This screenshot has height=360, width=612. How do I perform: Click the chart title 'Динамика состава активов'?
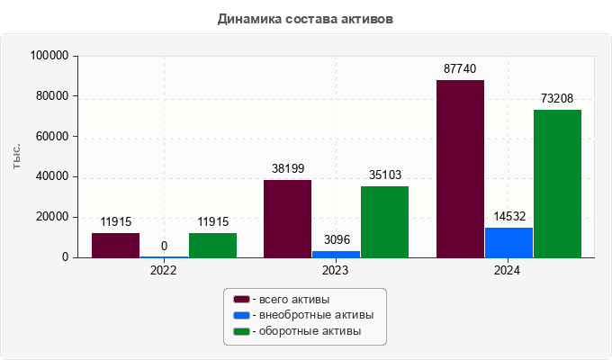(305, 19)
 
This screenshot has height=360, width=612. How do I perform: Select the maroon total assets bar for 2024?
(460, 168)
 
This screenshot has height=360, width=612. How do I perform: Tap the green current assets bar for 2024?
(557, 184)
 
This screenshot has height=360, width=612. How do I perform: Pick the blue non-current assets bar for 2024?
(508, 242)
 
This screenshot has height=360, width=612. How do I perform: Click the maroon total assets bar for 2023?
(287, 219)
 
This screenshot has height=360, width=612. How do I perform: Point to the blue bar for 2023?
(336, 254)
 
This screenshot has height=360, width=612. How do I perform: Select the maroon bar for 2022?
(115, 245)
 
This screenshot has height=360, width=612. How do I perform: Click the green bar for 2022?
(212, 245)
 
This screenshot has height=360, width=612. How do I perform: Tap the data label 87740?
(460, 68)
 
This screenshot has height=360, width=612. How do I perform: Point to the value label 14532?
(508, 216)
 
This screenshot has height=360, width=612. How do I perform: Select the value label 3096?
(336, 239)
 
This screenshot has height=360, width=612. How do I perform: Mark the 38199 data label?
(287, 168)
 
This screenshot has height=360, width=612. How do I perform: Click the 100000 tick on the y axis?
(50, 56)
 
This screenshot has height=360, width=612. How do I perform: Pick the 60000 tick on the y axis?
(53, 137)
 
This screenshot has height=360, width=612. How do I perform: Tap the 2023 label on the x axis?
(336, 269)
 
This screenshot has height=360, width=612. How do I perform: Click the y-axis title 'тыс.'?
(17, 157)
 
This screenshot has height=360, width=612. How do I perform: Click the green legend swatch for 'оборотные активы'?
(240, 331)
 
